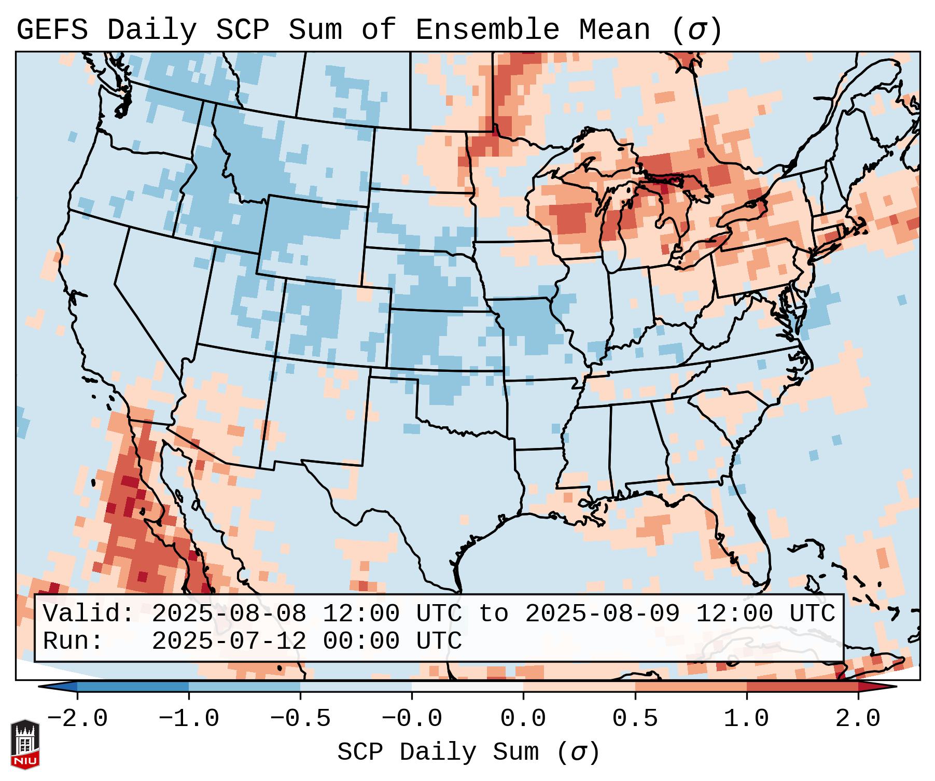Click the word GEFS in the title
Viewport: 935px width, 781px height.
[x=52, y=30]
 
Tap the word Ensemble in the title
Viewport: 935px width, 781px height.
[x=487, y=30]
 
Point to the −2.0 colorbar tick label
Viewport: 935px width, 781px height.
[x=77, y=719]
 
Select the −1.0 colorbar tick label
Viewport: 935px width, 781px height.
[x=189, y=719]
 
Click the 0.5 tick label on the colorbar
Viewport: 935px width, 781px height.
[x=635, y=719]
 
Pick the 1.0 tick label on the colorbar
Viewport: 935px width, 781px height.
[x=746, y=719]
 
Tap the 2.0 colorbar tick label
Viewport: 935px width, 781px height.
[x=858, y=719]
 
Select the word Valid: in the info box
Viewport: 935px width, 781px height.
[x=89, y=613]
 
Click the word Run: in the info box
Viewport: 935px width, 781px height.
[x=73, y=641]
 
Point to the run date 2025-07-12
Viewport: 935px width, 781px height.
[x=229, y=641]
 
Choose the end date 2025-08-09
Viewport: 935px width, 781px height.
[x=602, y=613]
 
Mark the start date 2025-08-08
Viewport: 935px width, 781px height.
[x=229, y=613]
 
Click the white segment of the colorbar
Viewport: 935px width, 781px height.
[x=467, y=687]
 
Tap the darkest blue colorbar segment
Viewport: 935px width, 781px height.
[x=133, y=687]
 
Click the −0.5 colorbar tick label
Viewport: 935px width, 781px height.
[x=300, y=719]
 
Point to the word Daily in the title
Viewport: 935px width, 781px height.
[x=151, y=30]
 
